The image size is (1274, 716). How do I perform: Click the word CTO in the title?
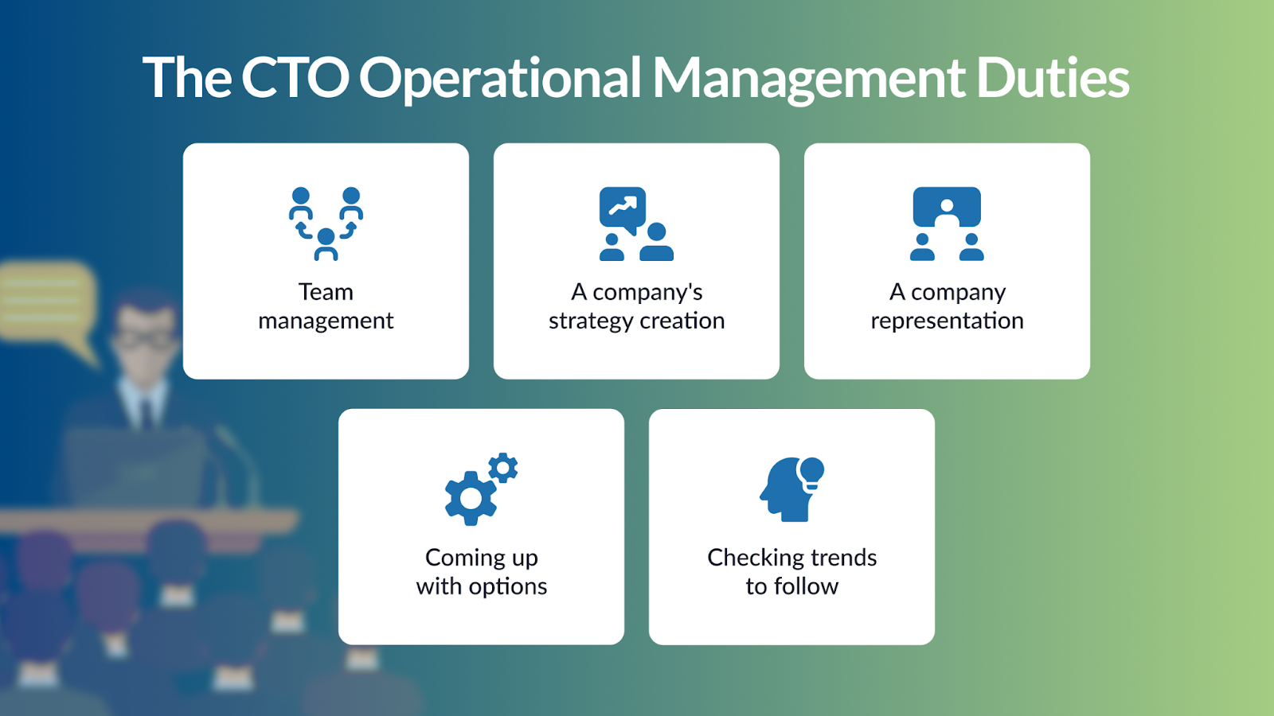(x=295, y=77)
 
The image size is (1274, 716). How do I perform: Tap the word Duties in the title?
(x=1052, y=77)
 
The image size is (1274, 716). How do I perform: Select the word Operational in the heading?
(x=501, y=80)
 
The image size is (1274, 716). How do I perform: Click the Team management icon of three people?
(x=326, y=224)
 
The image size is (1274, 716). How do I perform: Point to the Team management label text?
(x=326, y=306)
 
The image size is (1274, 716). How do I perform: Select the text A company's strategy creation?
(x=636, y=306)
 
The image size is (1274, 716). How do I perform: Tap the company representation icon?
(x=947, y=224)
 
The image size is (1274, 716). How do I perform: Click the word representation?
(x=947, y=321)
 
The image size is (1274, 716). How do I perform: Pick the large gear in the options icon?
(x=471, y=498)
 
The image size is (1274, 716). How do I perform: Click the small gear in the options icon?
(x=502, y=468)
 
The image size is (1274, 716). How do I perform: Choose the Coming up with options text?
(x=481, y=572)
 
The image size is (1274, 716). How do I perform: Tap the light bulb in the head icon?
(x=811, y=473)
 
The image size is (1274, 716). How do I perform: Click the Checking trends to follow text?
(x=791, y=572)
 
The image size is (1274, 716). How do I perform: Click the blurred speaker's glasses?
(x=143, y=340)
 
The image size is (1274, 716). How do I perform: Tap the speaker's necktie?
(x=147, y=413)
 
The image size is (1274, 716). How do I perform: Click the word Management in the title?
(x=809, y=80)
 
